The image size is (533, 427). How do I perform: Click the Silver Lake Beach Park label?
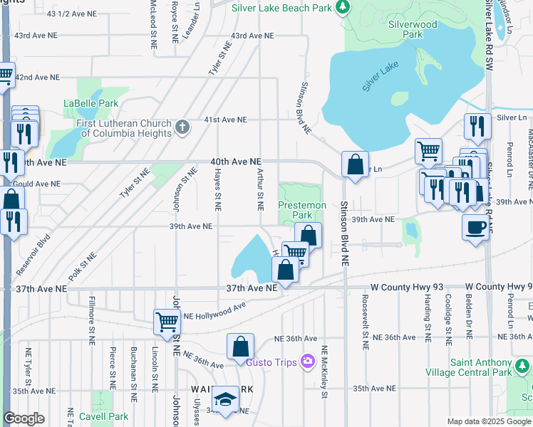(282, 7)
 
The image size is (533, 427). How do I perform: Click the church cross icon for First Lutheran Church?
(182, 127)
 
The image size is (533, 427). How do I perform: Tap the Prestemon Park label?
(302, 210)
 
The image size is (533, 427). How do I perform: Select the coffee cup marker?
(475, 227)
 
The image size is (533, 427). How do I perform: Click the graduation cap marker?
(226, 399)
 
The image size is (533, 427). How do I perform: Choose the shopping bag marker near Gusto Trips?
(241, 347)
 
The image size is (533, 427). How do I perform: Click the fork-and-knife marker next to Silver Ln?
(477, 126)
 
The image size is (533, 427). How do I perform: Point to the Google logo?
(24, 418)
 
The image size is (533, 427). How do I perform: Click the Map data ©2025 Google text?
(488, 421)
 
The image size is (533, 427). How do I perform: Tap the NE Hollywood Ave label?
(214, 312)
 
